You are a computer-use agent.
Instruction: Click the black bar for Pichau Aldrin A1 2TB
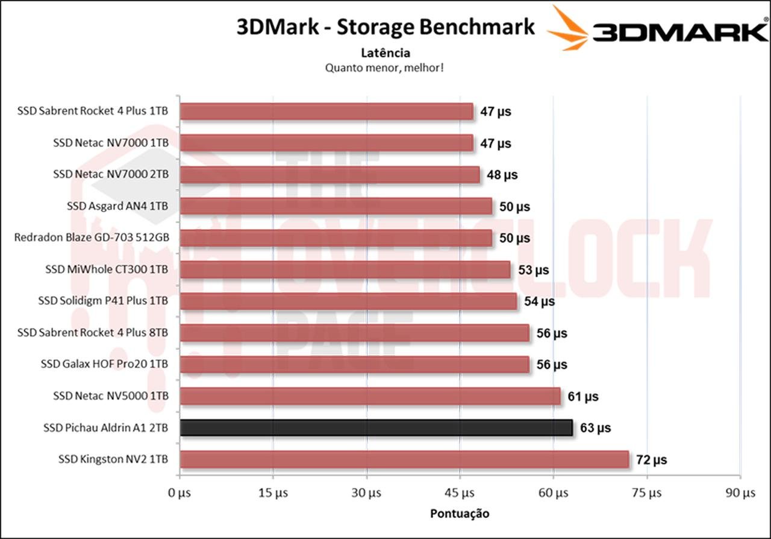376,427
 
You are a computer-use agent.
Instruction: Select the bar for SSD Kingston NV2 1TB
404,459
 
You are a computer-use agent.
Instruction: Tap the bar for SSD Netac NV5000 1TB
370,396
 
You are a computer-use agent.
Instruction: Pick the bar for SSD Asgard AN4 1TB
336,206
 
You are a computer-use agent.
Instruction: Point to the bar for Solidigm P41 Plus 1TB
348,301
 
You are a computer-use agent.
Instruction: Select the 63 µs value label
595,428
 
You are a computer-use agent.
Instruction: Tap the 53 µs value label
533,269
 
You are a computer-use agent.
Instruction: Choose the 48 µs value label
502,175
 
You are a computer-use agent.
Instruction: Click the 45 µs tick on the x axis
460,493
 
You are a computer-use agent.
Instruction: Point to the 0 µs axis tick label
179,493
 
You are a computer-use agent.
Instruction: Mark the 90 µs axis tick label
740,493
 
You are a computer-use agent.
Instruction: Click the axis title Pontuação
460,514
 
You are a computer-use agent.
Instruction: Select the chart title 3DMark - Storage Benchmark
385,27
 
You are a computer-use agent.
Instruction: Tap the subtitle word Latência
385,53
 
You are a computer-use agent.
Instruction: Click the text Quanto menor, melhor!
385,67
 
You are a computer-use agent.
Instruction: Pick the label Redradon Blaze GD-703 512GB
91,238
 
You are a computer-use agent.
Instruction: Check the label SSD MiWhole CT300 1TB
107,269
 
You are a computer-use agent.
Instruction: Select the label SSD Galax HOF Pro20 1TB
104,364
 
